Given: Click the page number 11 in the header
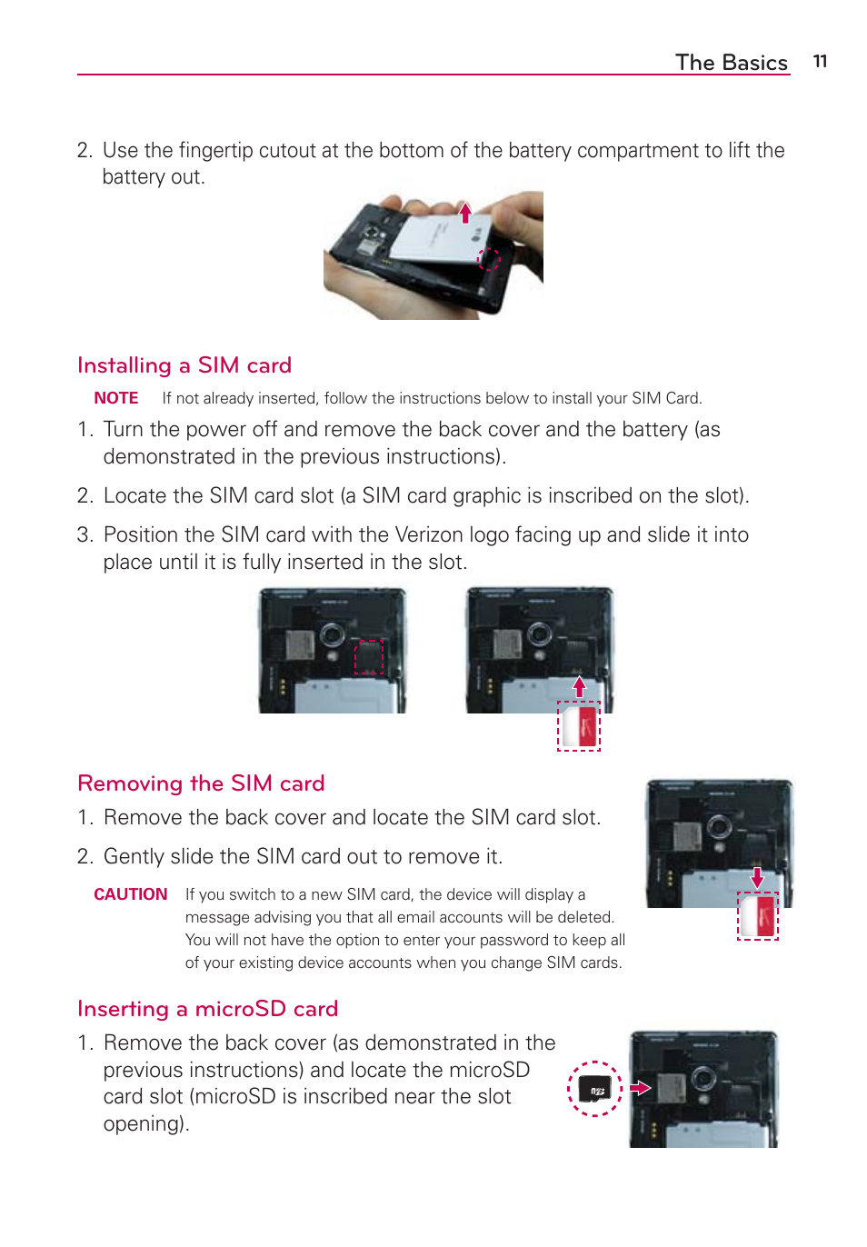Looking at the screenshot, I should click(x=820, y=62).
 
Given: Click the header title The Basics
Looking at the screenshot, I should click(x=731, y=63).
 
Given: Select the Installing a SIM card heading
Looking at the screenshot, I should click(x=184, y=365).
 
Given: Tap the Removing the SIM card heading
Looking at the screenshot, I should click(x=201, y=783).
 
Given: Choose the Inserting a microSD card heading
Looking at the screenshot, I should click(x=207, y=1009).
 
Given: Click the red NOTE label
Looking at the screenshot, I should click(x=116, y=398).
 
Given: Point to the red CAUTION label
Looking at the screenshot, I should click(x=131, y=894).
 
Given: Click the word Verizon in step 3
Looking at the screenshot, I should click(x=428, y=534).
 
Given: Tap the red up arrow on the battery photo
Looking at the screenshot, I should click(x=465, y=214).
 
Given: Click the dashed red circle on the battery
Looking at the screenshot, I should click(x=489, y=259).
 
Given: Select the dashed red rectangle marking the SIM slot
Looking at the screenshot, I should click(x=368, y=656).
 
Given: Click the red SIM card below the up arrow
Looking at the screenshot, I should click(x=580, y=727).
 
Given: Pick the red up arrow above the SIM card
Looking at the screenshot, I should click(x=579, y=686).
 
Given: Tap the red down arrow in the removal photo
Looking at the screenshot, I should click(x=757, y=877).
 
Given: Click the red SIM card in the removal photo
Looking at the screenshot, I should click(x=758, y=916).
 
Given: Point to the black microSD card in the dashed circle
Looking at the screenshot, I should click(x=595, y=1089).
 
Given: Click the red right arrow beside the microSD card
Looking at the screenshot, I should click(x=641, y=1088).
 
